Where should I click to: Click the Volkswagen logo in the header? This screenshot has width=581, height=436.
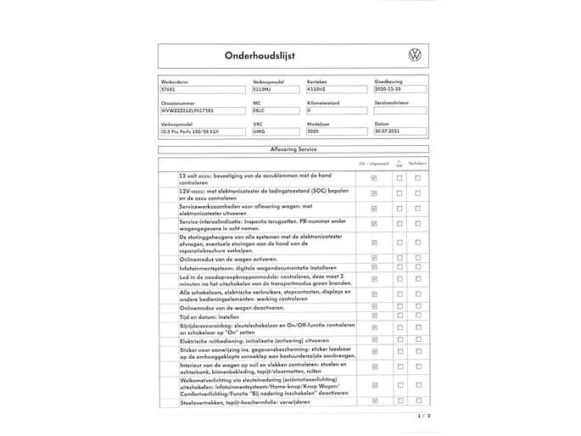tap(415, 54)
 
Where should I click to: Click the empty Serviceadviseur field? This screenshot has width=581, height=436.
tap(399, 110)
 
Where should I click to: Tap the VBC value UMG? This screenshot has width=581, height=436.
tap(260, 132)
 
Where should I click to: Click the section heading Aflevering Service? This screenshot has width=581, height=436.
tap(293, 148)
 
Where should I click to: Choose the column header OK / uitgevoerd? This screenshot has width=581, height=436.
tap(373, 163)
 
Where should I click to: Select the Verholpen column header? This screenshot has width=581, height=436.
tap(417, 163)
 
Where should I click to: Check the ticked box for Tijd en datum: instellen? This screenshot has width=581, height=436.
tap(374, 316)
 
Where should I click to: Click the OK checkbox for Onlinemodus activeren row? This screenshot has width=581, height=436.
tap(374, 257)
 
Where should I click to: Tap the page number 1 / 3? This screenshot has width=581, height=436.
tap(424, 416)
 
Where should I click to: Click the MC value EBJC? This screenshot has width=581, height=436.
tap(260, 110)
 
